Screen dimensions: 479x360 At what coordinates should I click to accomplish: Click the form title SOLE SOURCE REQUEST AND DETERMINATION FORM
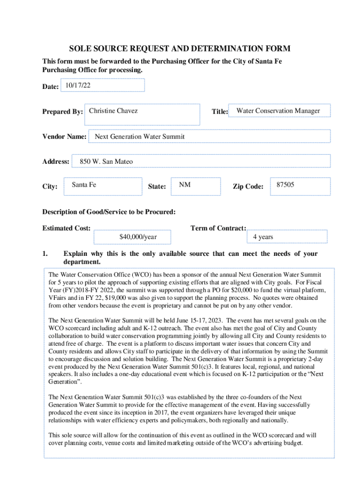pyautogui.click(x=180, y=49)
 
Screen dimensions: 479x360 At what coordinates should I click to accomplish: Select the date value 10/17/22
pyautogui.click(x=78, y=86)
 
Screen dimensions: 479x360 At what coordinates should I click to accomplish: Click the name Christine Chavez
pyautogui.click(x=113, y=111)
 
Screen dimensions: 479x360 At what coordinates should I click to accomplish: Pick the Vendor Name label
pyautogui.click(x=65, y=137)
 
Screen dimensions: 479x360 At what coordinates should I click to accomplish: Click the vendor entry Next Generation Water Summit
pyautogui.click(x=139, y=137)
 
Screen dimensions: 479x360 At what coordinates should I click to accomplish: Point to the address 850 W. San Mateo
pyautogui.click(x=106, y=161)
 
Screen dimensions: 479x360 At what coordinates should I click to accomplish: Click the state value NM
pyautogui.click(x=185, y=185)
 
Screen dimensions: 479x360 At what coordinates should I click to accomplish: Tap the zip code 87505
pyautogui.click(x=285, y=185)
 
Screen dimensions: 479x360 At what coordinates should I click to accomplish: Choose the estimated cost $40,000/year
pyautogui.click(x=138, y=237)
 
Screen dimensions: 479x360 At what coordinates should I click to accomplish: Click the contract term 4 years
pyautogui.click(x=263, y=237)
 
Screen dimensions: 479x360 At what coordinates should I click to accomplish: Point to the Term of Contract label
pyautogui.click(x=218, y=228)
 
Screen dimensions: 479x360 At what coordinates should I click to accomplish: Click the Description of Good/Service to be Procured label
pyautogui.click(x=109, y=212)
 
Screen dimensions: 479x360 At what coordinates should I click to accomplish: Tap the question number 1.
pyautogui.click(x=45, y=254)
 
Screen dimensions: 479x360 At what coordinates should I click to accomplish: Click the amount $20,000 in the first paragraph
pyautogui.click(x=243, y=290)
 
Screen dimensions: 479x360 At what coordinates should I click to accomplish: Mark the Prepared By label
pyautogui.click(x=63, y=112)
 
